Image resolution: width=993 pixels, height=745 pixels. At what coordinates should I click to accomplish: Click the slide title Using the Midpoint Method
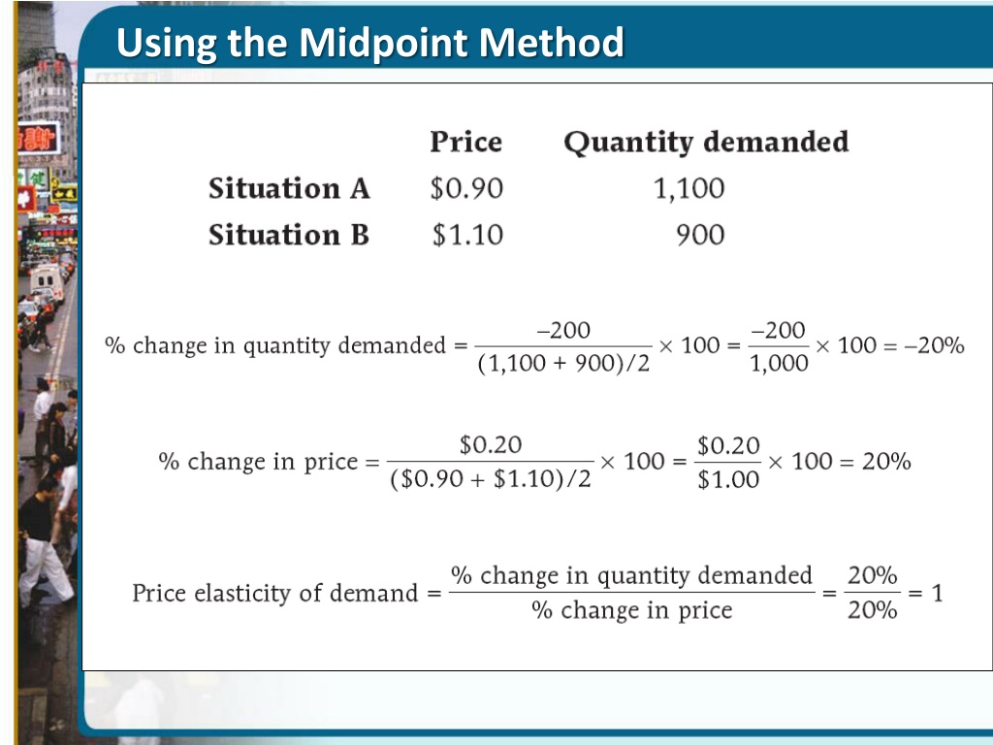[x=369, y=44]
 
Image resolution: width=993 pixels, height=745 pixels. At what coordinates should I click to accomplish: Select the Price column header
[x=465, y=143]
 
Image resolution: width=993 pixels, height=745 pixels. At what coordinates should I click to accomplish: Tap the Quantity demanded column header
[x=705, y=143]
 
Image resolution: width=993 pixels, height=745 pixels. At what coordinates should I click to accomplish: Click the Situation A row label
[x=289, y=188]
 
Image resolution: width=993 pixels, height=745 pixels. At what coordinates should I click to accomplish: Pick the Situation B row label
[x=289, y=235]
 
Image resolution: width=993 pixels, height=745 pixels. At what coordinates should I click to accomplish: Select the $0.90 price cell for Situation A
[x=466, y=188]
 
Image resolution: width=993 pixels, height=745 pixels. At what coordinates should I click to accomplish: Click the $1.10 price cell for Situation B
[x=467, y=235]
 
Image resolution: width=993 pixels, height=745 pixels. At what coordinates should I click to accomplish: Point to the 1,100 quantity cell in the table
[x=689, y=188]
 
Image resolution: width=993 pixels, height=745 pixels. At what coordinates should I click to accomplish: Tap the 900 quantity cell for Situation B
[x=700, y=235]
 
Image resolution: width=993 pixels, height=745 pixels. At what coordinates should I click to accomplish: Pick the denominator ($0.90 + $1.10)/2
[x=490, y=480]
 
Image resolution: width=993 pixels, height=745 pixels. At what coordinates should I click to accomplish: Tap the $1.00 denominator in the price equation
[x=728, y=480]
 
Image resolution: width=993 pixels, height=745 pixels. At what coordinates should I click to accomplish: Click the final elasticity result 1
[x=937, y=593]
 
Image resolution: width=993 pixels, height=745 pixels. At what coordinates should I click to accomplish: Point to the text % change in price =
[x=269, y=462]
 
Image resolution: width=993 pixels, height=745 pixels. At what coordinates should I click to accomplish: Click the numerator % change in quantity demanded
[x=631, y=575]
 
